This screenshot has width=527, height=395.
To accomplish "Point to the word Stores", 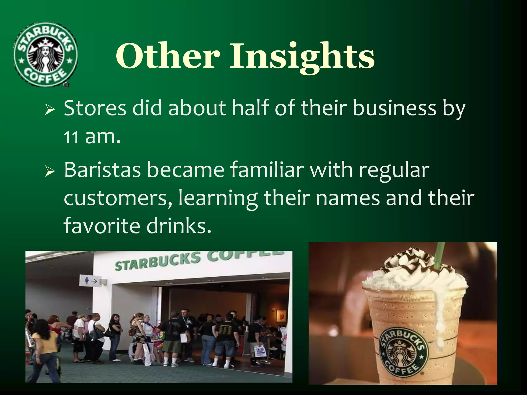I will point(95,108).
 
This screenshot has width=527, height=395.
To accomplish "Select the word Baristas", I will point(102,170).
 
